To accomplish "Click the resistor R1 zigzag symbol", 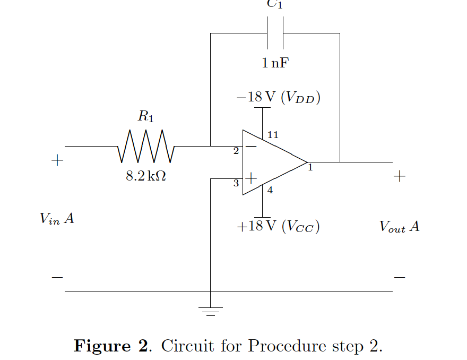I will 145,146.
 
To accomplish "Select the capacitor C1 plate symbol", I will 275,33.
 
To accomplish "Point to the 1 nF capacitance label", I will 275,64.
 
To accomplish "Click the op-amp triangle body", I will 271,162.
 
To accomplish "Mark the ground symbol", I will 211,311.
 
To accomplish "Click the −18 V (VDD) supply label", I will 279,97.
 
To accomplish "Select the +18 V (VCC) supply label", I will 279,227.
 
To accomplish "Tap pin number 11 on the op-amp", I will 273,135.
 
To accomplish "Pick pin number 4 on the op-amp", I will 270,191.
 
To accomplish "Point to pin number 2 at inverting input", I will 236,151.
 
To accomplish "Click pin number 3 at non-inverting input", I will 236,184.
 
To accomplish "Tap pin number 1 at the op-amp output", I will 310,168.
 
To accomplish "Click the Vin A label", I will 57,218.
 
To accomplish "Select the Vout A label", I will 399,227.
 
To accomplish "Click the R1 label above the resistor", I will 145,116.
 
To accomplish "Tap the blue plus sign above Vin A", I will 57,160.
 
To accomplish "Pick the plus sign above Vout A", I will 400,176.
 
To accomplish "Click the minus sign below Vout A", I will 400,277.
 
